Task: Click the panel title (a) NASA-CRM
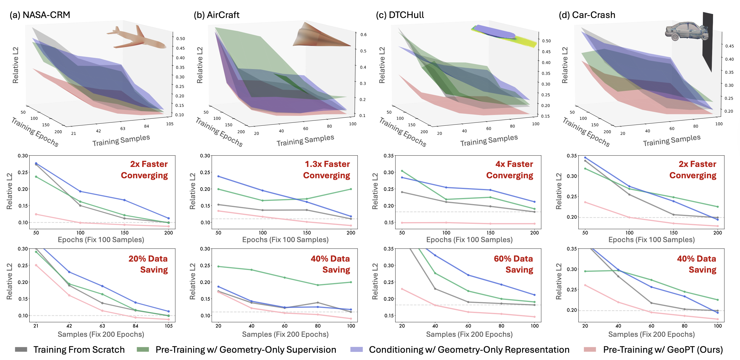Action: point(40,15)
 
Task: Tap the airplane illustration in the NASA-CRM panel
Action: point(136,38)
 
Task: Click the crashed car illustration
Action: point(686,30)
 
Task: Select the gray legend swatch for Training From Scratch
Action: point(21,350)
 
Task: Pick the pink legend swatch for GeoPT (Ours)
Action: point(590,350)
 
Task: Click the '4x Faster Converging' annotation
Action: point(510,170)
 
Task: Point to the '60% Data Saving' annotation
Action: point(513,264)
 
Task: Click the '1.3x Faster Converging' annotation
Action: point(327,170)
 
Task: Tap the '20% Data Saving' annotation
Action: point(148,264)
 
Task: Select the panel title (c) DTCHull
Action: point(400,15)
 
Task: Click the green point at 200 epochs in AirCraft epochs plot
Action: point(351,189)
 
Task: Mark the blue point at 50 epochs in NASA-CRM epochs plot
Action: point(36,163)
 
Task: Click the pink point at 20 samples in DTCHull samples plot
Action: point(402,289)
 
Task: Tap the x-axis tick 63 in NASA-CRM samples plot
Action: point(102,326)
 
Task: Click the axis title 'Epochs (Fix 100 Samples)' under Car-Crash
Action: point(651,240)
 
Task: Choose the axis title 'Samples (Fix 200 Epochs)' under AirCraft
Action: point(285,334)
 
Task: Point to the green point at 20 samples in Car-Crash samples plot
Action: point(585,271)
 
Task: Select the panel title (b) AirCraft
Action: point(216,15)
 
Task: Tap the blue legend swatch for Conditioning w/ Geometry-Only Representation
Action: point(356,350)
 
